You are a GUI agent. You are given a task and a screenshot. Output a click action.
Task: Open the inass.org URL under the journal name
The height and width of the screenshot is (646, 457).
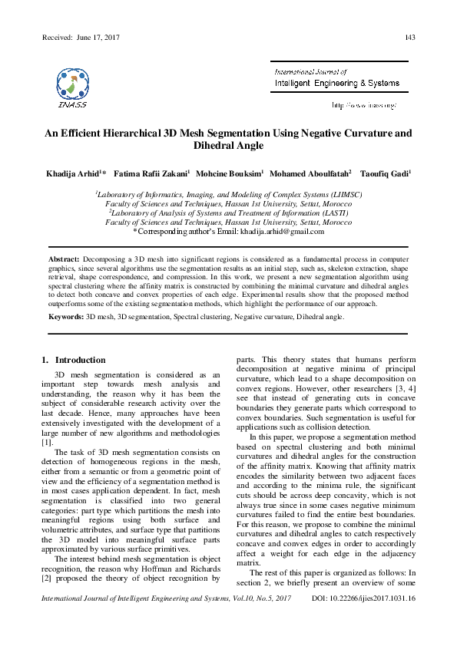pos(363,104)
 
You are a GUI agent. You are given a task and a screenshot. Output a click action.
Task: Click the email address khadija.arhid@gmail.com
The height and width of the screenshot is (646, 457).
pos(282,231)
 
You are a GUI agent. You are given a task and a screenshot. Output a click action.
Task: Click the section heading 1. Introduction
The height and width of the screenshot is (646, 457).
pos(72,360)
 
